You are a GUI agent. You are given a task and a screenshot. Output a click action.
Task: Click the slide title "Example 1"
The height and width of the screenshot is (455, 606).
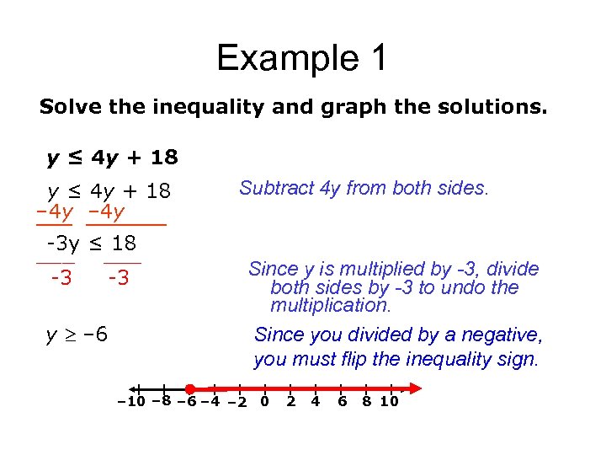pyautogui.click(x=302, y=59)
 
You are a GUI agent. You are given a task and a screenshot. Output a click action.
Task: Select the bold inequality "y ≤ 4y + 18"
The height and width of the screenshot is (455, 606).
pyautogui.click(x=112, y=158)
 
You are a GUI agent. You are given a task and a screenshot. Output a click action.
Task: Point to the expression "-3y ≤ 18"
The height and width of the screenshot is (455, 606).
pyautogui.click(x=90, y=244)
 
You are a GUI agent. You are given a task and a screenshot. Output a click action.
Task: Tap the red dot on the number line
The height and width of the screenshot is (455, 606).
pyautogui.click(x=190, y=388)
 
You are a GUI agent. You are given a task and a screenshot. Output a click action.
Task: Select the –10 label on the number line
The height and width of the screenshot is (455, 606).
pyautogui.click(x=130, y=402)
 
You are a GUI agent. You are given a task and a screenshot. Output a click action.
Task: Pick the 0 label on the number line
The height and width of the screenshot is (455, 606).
pyautogui.click(x=264, y=402)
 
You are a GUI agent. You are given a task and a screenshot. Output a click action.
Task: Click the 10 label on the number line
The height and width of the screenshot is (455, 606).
pyautogui.click(x=389, y=402)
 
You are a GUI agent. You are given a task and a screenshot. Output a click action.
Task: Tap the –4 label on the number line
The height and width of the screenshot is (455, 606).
pyautogui.click(x=209, y=402)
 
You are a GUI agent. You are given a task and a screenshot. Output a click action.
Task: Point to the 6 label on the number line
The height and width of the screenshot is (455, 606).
pyautogui.click(x=342, y=402)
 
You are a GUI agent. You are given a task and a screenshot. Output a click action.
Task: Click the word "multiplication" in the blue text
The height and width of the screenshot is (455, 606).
pyautogui.click(x=330, y=305)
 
